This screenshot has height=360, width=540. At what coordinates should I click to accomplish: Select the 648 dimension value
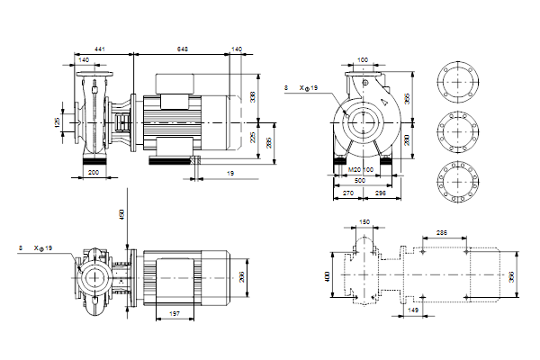183,47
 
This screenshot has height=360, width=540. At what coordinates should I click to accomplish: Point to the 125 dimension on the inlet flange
57,121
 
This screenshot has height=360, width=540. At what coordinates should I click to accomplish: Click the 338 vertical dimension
252,97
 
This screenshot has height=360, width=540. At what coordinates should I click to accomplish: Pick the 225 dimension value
253,139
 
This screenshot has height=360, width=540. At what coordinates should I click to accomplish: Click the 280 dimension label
406,139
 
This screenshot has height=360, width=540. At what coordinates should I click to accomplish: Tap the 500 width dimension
359,181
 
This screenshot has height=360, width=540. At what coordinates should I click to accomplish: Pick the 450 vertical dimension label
120,214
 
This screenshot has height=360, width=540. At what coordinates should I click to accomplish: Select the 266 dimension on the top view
240,277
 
